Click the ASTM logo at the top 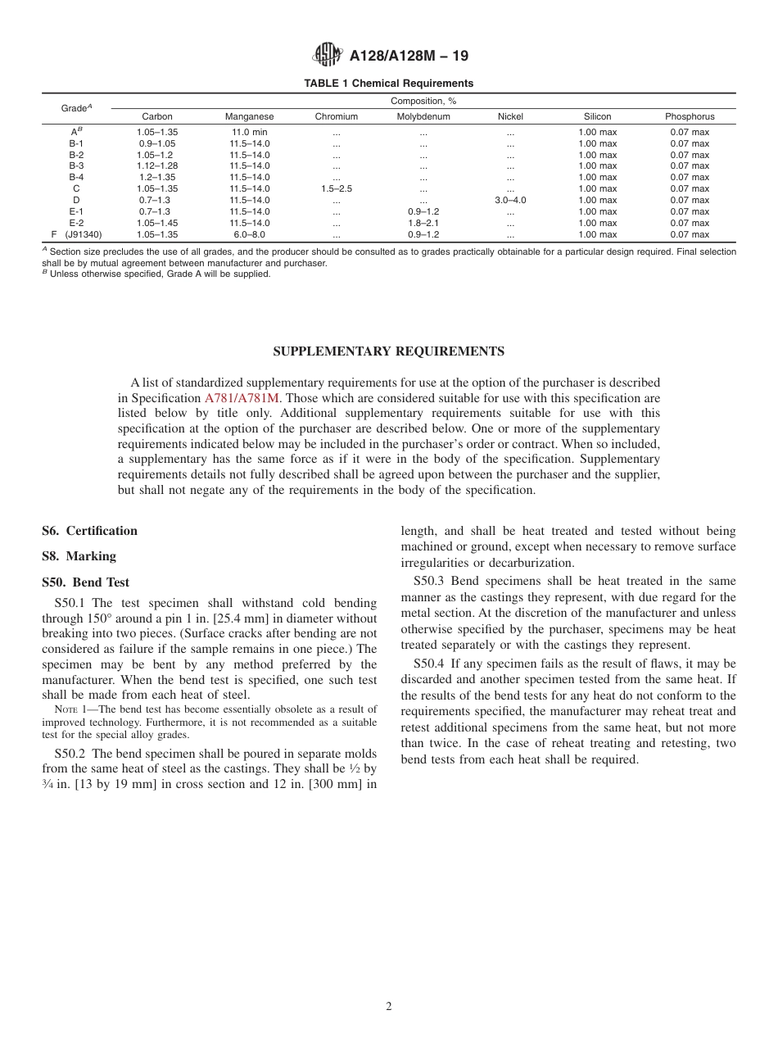click(x=328, y=55)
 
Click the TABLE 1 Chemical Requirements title click(x=388, y=84)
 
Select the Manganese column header click(x=250, y=117)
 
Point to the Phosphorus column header click(x=690, y=117)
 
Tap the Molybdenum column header click(x=423, y=117)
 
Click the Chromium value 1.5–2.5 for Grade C click(x=337, y=189)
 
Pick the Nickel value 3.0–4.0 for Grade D click(x=510, y=201)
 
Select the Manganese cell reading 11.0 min click(x=250, y=132)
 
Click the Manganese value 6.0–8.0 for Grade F click(x=250, y=234)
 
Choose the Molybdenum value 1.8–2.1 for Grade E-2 click(x=423, y=223)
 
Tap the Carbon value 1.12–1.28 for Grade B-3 click(x=157, y=166)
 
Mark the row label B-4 click(x=76, y=178)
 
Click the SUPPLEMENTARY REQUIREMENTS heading click(x=388, y=351)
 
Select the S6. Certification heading click(x=90, y=531)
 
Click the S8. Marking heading click(x=79, y=556)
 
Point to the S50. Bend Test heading click(x=86, y=583)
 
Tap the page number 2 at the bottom click(x=389, y=1007)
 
